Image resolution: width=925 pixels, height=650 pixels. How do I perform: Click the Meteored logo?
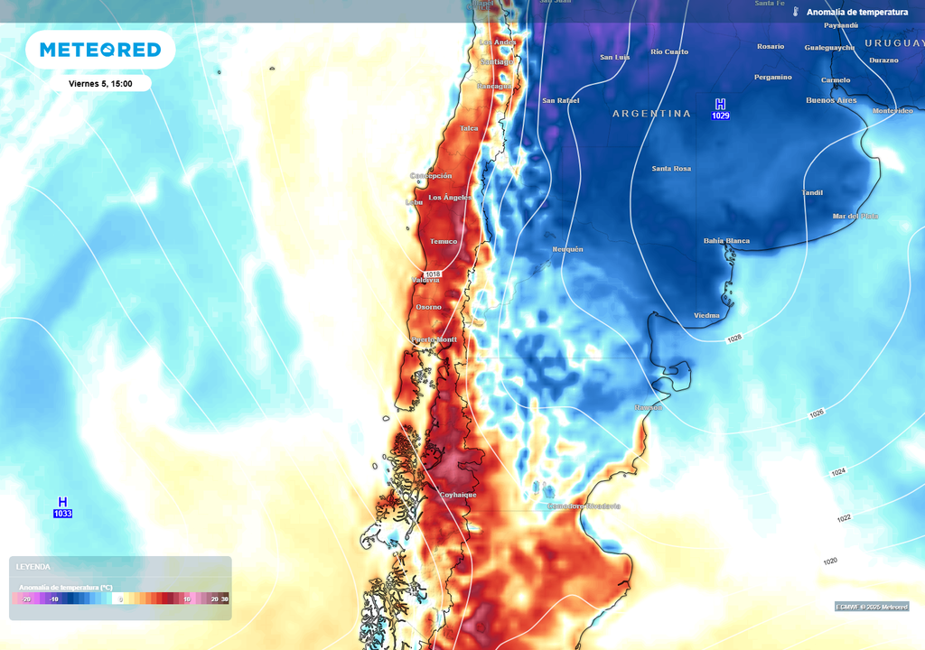pos(100,50)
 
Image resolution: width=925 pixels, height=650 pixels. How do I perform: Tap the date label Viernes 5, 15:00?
pos(100,83)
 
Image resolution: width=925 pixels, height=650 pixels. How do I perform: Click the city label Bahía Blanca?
pos(726,241)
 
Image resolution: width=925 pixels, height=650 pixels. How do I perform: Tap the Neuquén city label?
pos(567,249)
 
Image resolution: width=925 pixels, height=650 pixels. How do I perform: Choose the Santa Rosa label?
pos(671,169)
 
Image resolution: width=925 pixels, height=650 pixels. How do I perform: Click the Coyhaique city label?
pos(458,495)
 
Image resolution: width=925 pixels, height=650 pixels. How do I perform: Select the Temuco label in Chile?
pos(444,241)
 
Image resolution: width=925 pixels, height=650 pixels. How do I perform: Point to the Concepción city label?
pos(431,176)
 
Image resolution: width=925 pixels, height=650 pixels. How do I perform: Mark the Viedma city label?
pos(706,315)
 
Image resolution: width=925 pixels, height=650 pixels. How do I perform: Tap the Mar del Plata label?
pos(855,217)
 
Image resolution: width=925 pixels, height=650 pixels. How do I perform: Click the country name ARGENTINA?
pos(651,114)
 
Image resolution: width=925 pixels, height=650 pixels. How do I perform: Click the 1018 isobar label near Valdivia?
pos(433,274)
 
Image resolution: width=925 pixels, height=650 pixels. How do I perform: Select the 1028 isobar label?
pos(733,339)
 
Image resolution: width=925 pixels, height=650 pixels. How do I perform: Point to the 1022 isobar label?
pos(844,518)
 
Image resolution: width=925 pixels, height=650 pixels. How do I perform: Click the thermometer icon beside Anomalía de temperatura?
pos(796,13)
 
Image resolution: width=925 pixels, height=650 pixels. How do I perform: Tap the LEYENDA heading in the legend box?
pos(33,567)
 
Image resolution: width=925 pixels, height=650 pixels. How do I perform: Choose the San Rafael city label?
pos(560,101)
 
